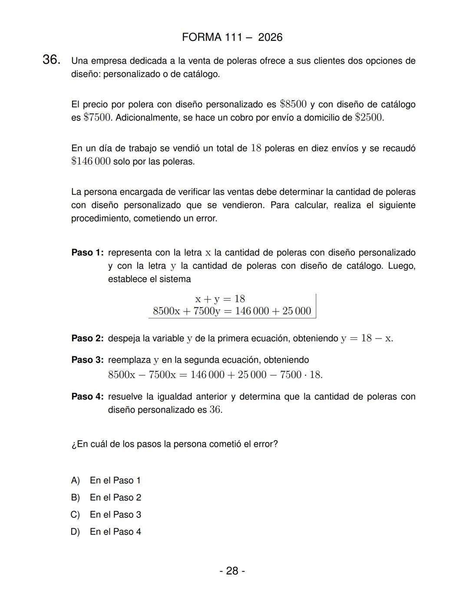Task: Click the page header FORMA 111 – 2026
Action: (232, 37)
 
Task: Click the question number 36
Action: (51, 60)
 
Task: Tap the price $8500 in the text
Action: (293, 104)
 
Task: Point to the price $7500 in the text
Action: (97, 118)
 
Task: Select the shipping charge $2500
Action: (369, 118)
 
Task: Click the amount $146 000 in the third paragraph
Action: (91, 162)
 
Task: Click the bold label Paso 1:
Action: (87, 253)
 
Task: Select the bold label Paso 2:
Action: (87, 338)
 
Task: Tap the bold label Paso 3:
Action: (87, 360)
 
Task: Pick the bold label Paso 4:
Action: (87, 397)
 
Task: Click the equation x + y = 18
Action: (220, 299)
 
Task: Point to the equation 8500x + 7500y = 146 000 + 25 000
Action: (232, 311)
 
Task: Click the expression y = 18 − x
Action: (367, 338)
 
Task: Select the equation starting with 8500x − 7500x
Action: (215, 375)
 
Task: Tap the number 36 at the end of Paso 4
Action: (215, 410)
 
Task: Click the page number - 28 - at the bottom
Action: (232, 571)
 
